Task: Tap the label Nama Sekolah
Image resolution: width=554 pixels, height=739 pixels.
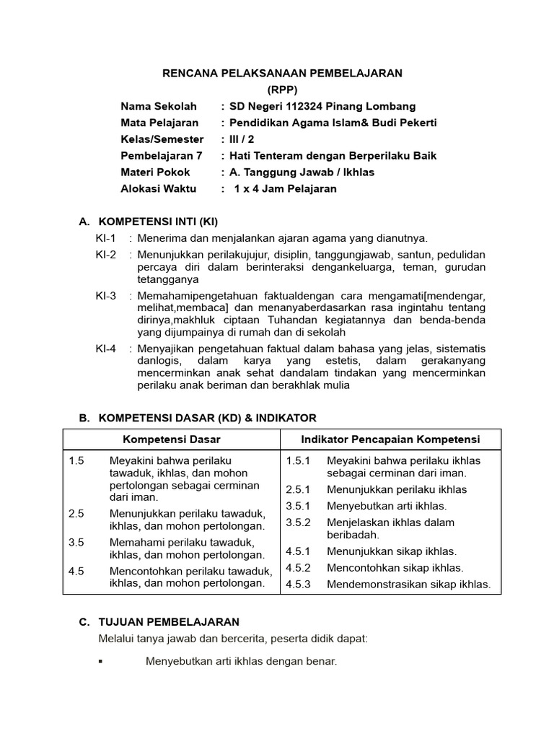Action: pos(159,106)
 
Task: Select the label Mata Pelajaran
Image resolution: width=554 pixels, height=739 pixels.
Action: pos(159,123)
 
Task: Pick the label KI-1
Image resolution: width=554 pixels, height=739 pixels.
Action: pos(105,238)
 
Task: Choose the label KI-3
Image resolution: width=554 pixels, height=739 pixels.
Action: pos(105,296)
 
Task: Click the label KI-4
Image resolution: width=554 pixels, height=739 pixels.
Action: pos(105,349)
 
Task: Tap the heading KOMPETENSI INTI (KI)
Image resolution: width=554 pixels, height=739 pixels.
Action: pos(158,221)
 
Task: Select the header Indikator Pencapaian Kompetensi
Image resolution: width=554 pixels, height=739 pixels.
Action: pos(390,440)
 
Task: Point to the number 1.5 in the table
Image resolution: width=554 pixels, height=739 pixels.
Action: pos(76,460)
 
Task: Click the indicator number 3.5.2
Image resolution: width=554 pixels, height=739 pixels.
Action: pos(298,522)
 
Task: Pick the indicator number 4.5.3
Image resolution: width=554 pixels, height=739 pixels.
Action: pos(298,585)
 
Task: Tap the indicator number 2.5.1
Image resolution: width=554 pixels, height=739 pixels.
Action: pos(298,489)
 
